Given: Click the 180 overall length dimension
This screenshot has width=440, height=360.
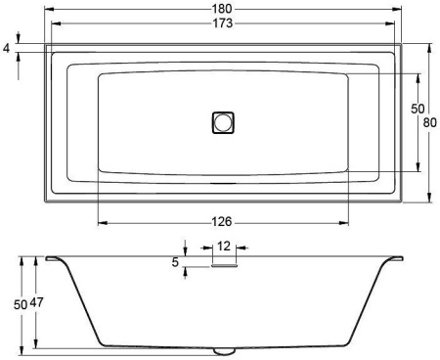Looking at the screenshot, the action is click(x=222, y=9).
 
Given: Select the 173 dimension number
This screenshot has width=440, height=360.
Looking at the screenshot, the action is click(x=223, y=23).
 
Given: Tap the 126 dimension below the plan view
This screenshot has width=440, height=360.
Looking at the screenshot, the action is click(x=222, y=222).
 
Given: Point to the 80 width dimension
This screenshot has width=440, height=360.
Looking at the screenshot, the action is click(x=430, y=122).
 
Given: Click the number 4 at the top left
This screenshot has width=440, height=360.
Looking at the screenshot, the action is click(x=7, y=49).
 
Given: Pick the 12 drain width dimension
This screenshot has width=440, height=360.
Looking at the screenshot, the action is click(x=224, y=247).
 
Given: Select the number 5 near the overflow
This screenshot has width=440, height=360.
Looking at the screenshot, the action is click(x=175, y=262).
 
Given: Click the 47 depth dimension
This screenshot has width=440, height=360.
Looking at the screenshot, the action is click(x=36, y=302).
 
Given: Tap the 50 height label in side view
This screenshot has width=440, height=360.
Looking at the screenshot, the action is click(x=21, y=305).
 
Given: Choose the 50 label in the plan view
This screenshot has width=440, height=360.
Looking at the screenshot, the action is click(x=418, y=109).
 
